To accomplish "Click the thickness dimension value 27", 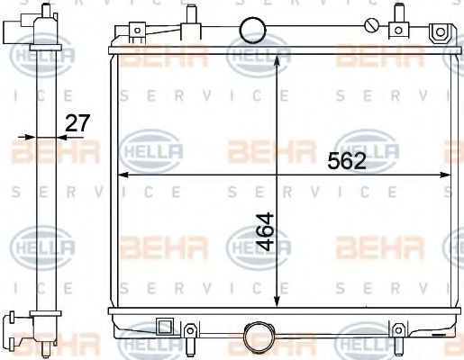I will coord(78,122).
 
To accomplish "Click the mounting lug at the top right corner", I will coord(440,33).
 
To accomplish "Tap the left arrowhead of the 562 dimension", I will coord(123,175).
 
